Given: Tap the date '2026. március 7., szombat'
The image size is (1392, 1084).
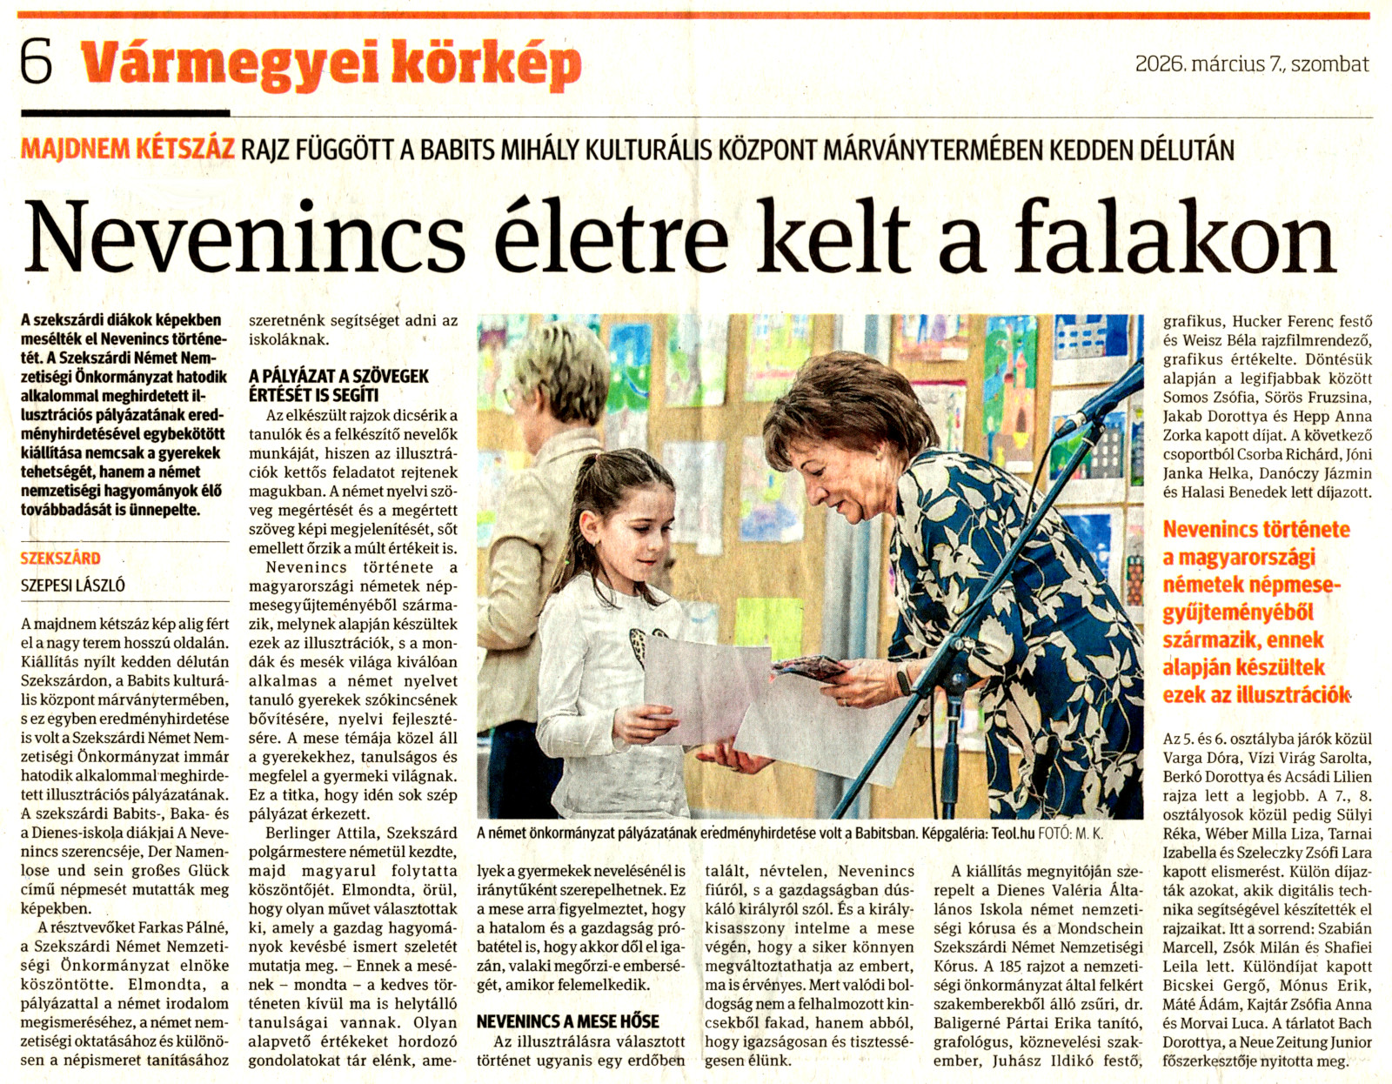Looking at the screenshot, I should point(1251,64).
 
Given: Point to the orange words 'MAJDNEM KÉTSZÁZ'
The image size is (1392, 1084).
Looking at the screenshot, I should point(128,149).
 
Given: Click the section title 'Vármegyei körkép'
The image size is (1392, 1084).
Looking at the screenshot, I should point(331,64).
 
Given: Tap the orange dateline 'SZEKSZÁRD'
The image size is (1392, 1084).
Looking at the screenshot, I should point(61,559).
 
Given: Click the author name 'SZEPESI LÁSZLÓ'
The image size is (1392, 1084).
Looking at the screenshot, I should point(73,585).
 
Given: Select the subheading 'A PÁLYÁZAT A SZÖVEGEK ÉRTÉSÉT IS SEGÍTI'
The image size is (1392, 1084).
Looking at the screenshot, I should point(338,385).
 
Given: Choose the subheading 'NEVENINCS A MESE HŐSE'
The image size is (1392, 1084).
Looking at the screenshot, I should point(568,1021).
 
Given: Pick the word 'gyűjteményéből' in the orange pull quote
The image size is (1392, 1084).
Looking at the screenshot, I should point(1238,612).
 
